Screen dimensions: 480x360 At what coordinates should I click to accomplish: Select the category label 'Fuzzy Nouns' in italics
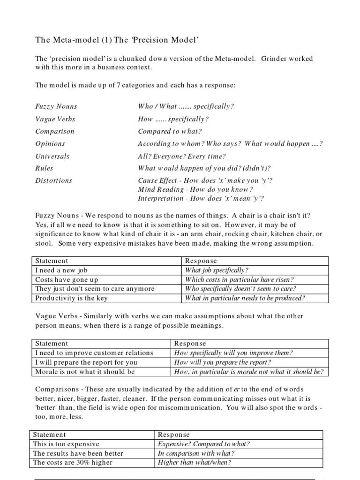tap(56, 106)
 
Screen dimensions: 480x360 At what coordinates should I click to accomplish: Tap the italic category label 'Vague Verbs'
tap(55, 119)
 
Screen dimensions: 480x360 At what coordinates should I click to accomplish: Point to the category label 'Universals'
tap(52, 156)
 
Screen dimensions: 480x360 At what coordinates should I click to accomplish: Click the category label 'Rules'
tap(45, 168)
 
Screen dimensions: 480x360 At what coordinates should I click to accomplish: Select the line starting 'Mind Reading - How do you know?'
tap(195, 189)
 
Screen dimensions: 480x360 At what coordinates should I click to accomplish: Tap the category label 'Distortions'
tap(54, 180)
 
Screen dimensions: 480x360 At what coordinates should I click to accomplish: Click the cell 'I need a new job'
tap(60, 270)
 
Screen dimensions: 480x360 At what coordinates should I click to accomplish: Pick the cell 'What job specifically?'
tap(217, 270)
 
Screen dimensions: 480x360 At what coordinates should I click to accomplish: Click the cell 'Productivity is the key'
tap(71, 298)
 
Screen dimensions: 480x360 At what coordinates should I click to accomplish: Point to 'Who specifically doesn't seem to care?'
tap(240, 289)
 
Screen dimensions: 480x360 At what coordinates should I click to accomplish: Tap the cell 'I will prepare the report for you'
tap(86, 362)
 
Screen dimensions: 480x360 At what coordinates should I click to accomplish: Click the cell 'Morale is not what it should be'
tap(85, 372)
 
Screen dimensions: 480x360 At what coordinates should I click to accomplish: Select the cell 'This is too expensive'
tap(66, 444)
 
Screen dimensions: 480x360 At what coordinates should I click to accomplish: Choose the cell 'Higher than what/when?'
tap(195, 463)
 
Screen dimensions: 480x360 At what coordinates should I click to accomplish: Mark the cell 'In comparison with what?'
tap(196, 453)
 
